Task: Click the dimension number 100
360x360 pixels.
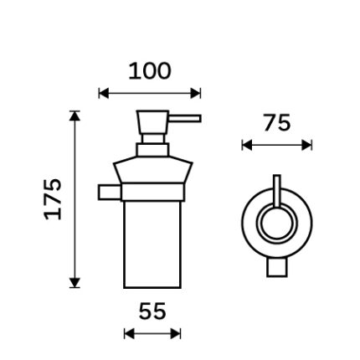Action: (149, 71)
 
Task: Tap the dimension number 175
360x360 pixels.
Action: (53, 199)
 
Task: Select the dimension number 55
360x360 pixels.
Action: (152, 311)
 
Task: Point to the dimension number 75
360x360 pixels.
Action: (277, 123)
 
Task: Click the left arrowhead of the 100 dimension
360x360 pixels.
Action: (104, 93)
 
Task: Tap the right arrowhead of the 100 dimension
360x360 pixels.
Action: (196, 93)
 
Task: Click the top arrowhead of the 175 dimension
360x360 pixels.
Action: (75, 116)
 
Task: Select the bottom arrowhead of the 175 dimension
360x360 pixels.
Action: (75, 283)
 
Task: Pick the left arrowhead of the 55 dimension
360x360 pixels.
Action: (129, 333)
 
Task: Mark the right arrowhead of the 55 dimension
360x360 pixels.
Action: (176, 333)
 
